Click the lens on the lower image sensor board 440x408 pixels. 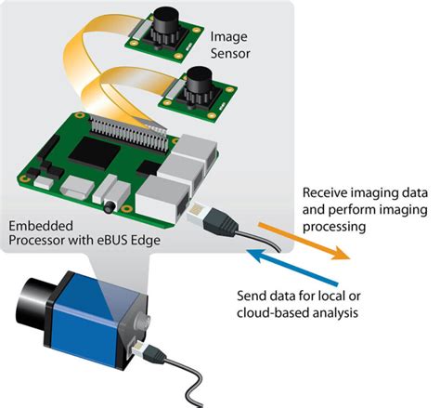pos(196,89)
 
